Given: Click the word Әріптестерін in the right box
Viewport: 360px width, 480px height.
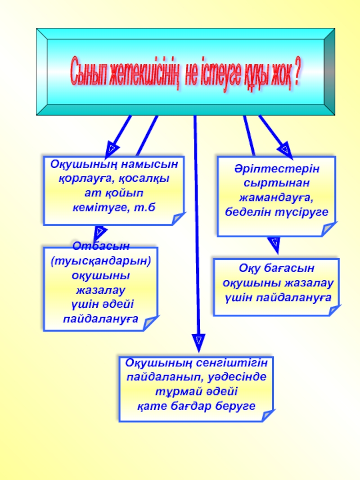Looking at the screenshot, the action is tap(276, 170).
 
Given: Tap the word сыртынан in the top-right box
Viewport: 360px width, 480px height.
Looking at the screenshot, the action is tap(276, 184).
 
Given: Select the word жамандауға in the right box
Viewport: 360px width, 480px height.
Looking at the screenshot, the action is tap(276, 197).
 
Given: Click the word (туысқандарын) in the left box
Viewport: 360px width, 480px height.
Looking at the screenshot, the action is tap(100, 260).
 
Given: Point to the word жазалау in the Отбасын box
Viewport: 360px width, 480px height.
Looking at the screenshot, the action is tap(100, 289).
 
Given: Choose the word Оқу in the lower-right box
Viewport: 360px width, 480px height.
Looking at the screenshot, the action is tap(249, 269).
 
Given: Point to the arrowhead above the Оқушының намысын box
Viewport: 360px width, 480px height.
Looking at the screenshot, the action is tap(112, 148).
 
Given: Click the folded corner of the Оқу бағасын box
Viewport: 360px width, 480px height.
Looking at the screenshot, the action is tap(333, 310).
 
